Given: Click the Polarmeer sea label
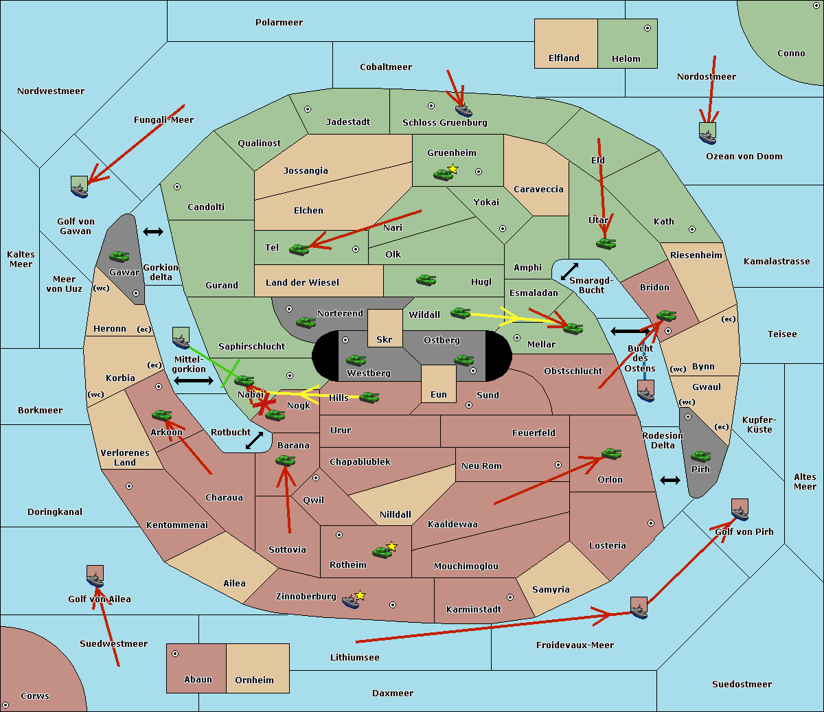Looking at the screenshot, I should [x=279, y=23].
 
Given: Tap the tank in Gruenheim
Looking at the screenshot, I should [x=443, y=174].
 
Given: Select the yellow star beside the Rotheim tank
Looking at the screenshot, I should [x=392, y=546].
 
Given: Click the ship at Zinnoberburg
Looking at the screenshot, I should [x=351, y=602].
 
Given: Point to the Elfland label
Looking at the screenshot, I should [x=564, y=58].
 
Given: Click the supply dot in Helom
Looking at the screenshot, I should [x=647, y=28].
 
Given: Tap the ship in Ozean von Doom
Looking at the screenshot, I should [x=707, y=133].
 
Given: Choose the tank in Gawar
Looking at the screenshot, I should [x=119, y=256].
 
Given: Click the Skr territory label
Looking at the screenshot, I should [x=385, y=339].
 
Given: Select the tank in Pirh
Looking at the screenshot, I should [x=700, y=456].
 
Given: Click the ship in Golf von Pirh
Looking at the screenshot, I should [x=740, y=510].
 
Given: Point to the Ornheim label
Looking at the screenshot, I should [x=254, y=680].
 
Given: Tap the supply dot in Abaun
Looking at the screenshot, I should [x=175, y=654].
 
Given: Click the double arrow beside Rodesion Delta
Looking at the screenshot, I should [x=670, y=480].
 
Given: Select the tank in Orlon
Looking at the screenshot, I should [x=611, y=453].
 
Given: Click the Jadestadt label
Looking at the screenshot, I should [x=347, y=122].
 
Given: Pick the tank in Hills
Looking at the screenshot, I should [x=369, y=397].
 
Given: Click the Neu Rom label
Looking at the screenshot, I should [x=481, y=466].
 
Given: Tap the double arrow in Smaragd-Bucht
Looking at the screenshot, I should [x=569, y=271].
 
